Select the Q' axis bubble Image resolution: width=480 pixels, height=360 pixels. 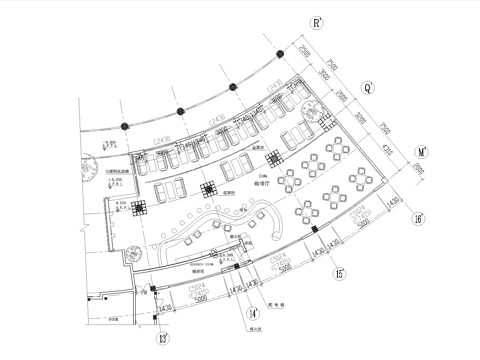coord(369,87)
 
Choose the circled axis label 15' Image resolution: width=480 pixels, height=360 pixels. coord(339,272)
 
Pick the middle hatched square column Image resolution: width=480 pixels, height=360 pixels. coord(211,188)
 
